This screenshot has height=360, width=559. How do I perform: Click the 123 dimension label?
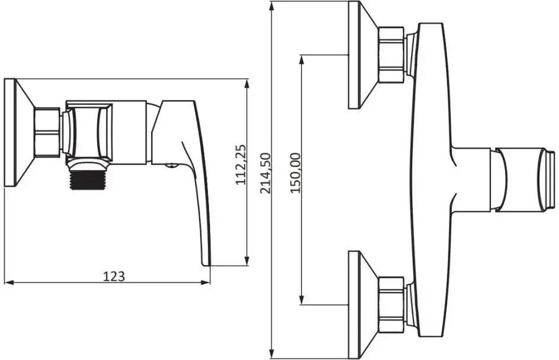pyautogui.click(x=114, y=277)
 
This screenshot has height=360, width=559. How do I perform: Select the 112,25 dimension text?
pyautogui.click(x=242, y=165)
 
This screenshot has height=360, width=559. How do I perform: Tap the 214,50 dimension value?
pyautogui.click(x=266, y=173)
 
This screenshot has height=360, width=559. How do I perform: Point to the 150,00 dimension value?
pyautogui.click(x=295, y=173)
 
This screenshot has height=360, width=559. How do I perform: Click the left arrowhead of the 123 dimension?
pyautogui.click(x=9, y=282)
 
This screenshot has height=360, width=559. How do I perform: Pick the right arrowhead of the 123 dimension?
pyautogui.click(x=205, y=282)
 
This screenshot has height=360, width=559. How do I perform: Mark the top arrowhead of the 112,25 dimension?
pyautogui.click(x=247, y=84)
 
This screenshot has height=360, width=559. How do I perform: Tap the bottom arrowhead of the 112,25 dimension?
pyautogui.click(x=247, y=261)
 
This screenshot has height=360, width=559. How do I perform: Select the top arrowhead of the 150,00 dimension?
pyautogui.click(x=302, y=60)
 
